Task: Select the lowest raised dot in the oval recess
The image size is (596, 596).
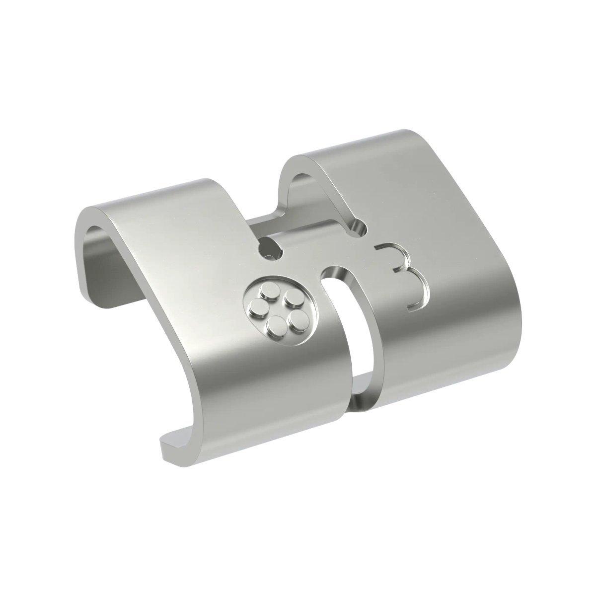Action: click(x=276, y=326)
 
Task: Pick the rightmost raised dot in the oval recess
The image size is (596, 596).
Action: click(x=298, y=317)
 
